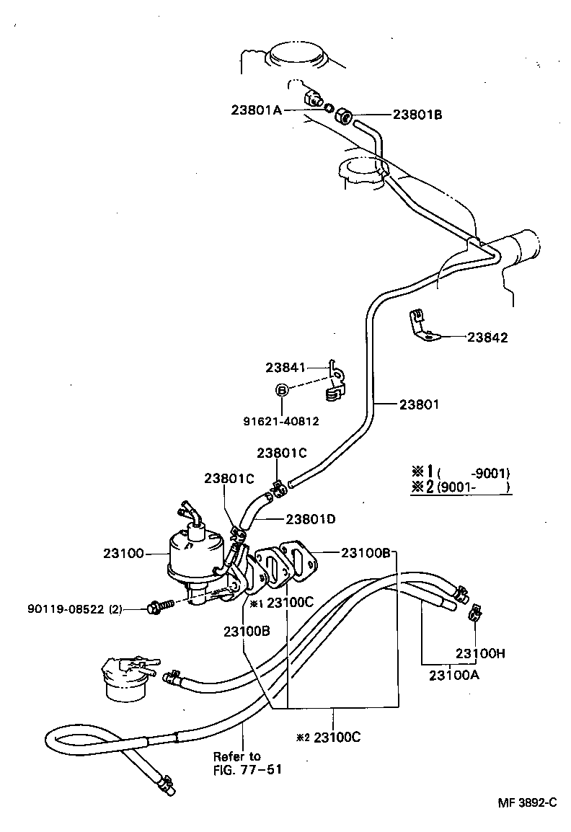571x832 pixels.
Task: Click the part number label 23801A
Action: click(x=256, y=110)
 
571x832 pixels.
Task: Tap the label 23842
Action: click(x=487, y=337)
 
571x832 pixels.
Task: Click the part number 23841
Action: click(x=288, y=367)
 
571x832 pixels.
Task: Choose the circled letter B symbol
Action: click(x=283, y=390)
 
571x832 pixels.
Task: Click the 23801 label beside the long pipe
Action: click(x=419, y=404)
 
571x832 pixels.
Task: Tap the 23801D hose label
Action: click(x=311, y=518)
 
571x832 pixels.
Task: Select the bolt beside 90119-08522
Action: click(x=160, y=606)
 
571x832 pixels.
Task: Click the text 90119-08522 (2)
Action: click(x=74, y=609)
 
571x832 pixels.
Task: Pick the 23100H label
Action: click(x=480, y=653)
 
